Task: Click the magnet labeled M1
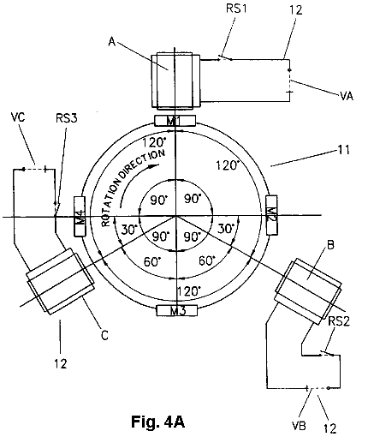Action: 175,121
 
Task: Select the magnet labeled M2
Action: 271,215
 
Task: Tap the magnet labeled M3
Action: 177,310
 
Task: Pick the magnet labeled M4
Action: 80,216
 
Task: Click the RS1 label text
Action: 236,9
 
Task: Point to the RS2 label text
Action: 339,321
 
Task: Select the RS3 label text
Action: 67,118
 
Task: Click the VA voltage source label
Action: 347,96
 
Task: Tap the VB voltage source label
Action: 299,426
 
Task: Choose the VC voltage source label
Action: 18,117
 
